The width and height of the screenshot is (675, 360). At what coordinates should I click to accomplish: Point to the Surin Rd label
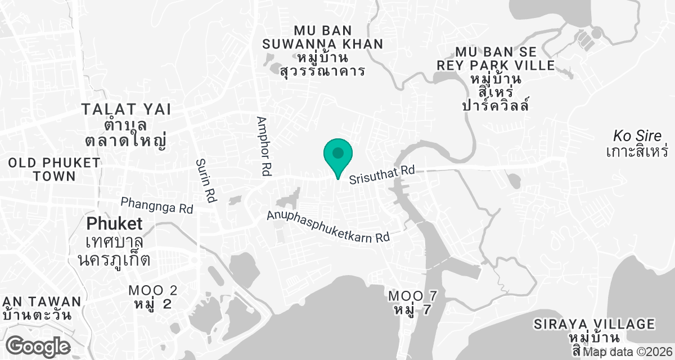206,180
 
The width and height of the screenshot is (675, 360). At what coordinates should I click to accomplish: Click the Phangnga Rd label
157,205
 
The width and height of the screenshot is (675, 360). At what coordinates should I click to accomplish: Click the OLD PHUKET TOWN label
54,169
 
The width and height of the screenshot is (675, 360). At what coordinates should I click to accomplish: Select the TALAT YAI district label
126,109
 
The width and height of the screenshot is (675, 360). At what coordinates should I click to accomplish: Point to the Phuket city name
114,224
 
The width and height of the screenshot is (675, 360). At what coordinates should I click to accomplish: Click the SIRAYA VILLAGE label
595,325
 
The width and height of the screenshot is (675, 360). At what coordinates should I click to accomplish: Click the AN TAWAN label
42,302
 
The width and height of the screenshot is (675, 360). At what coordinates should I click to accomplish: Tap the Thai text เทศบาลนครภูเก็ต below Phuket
114,251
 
